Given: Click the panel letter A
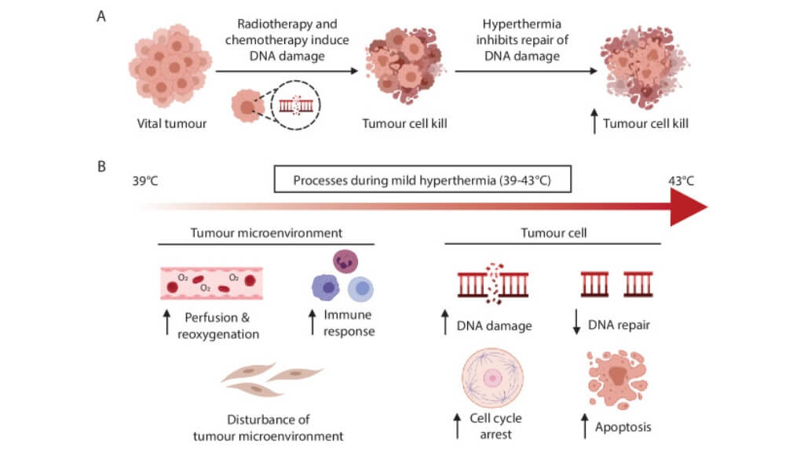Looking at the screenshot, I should pos(100,16).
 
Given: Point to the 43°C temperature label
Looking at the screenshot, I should pos(679,180).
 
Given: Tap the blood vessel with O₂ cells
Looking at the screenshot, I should pos(211,282).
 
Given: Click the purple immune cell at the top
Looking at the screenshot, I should pos(345,261).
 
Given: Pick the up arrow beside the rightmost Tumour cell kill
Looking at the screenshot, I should pos(596,123).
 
